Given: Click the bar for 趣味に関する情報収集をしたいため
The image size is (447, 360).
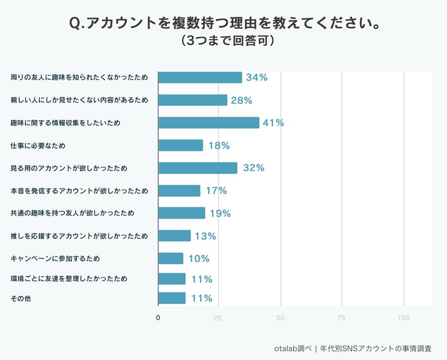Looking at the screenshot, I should click(209, 123).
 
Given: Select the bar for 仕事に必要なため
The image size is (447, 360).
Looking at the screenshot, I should click(181, 145).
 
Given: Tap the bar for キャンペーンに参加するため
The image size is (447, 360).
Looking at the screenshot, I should click(171, 258).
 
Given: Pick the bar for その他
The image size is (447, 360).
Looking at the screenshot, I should click(172, 299).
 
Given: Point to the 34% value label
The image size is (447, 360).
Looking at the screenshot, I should click(256, 78).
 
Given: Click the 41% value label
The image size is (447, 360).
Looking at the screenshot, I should click(273, 123).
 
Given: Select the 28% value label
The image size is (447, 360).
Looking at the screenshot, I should click(241, 101).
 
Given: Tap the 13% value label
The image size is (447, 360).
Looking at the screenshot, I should click(205, 236).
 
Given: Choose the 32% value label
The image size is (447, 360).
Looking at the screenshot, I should click(254, 168).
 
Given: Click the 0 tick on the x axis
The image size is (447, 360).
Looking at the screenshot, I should click(158, 318).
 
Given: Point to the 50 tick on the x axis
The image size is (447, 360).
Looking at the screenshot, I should click(281, 318).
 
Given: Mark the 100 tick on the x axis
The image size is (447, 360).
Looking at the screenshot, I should click(404, 318).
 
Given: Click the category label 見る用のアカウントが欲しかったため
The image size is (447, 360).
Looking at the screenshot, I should click(69, 168).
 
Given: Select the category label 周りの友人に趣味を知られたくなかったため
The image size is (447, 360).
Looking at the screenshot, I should click(79, 78).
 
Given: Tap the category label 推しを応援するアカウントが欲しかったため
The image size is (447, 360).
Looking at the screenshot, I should click(79, 236).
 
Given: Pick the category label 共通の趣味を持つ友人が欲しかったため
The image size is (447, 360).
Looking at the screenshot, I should click(73, 214).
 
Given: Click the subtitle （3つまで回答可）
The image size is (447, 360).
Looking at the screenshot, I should click(223, 42).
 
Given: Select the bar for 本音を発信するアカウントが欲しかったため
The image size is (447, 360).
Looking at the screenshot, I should click(179, 191).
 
